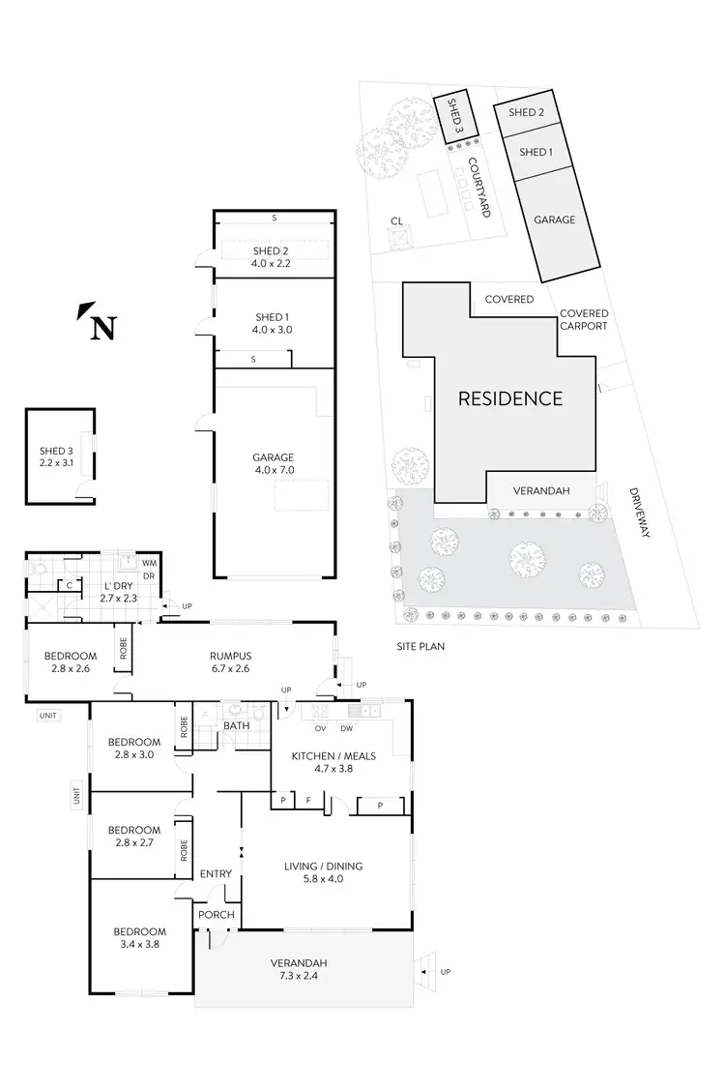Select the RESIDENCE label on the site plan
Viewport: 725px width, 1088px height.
(509, 397)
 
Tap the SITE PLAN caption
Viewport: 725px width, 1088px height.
(420, 646)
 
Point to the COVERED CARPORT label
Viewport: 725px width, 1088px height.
(584, 320)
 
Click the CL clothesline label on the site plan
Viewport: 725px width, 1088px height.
(396, 221)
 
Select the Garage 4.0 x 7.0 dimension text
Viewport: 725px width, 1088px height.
(274, 464)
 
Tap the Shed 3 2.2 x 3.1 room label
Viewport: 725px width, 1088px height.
(56, 456)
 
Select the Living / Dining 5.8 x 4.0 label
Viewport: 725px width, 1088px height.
(323, 872)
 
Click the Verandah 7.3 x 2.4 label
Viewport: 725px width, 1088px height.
(305, 969)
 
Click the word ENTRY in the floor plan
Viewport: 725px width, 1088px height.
(216, 874)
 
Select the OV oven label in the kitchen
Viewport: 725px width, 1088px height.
(319, 728)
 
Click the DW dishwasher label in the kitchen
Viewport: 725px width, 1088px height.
(345, 728)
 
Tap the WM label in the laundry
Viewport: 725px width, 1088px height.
(149, 562)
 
